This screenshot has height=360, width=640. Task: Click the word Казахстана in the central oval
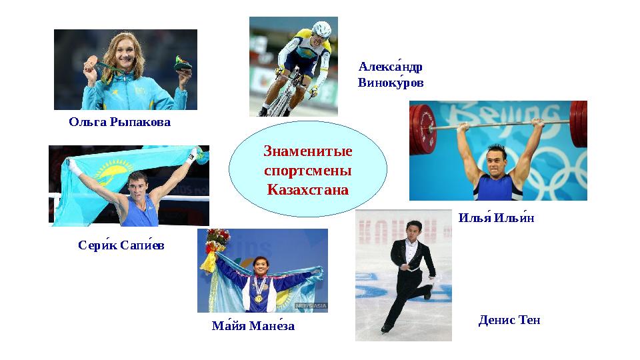(x=308, y=189)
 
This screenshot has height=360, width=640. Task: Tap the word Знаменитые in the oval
(x=308, y=152)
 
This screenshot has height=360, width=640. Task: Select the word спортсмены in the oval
(x=308, y=171)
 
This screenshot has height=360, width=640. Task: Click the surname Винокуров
(x=391, y=83)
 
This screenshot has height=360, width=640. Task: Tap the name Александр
(x=391, y=67)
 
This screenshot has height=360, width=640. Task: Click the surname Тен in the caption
(x=528, y=321)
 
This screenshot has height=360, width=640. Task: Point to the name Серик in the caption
(x=96, y=246)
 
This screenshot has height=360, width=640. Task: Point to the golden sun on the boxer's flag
(x=98, y=175)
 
